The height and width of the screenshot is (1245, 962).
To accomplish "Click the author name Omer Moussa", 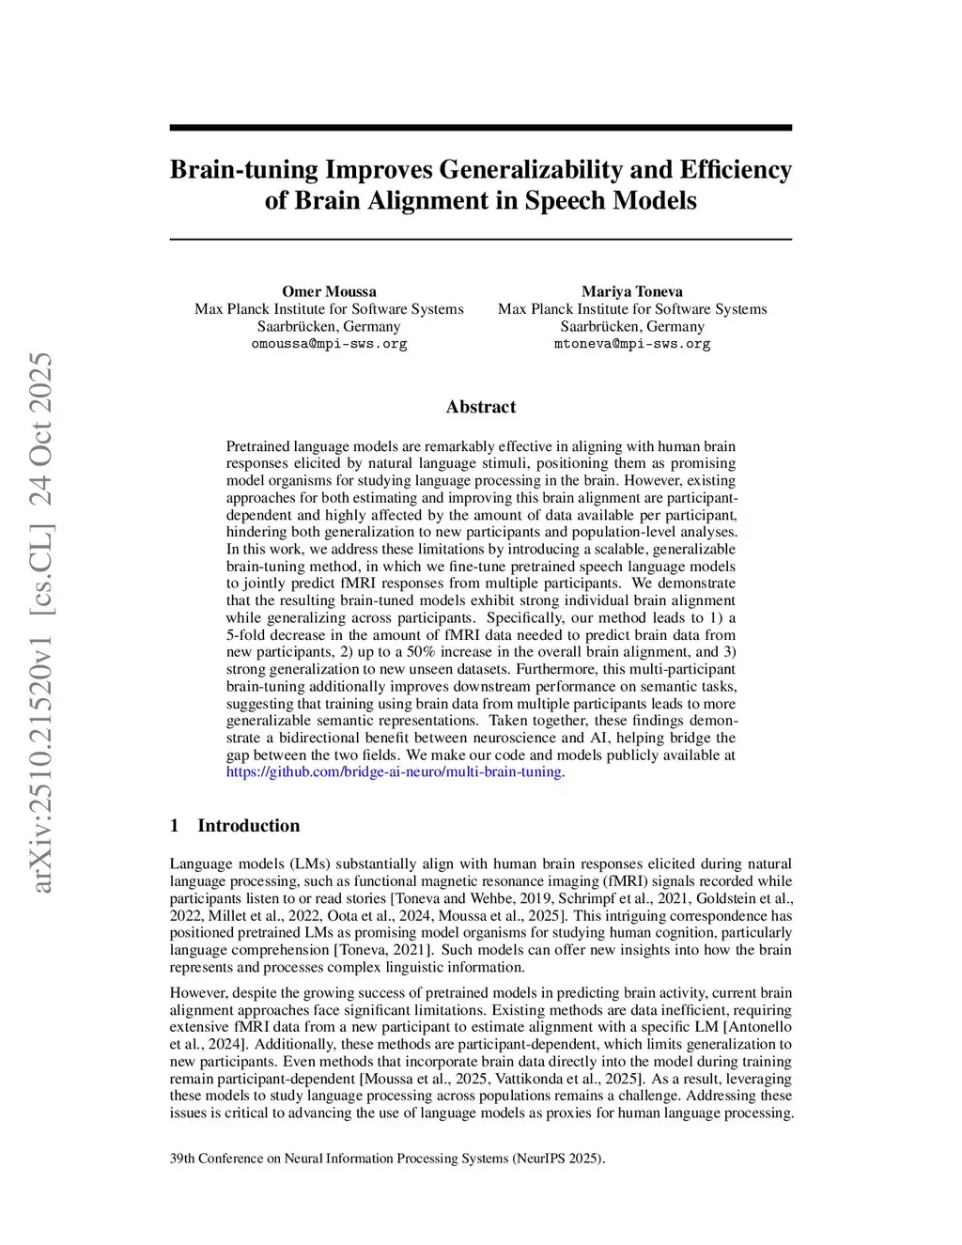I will tap(329, 291).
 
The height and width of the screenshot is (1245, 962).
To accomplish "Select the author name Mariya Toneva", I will tap(631, 291).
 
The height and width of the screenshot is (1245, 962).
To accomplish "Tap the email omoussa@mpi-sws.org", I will tap(329, 344).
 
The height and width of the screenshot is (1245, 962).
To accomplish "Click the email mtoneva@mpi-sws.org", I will tap(631, 344).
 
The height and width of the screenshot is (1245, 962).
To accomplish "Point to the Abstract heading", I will tap(480, 407).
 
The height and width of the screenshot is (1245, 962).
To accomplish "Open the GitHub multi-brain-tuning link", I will tap(395, 772).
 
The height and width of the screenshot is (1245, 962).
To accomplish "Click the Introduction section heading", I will tap(248, 826).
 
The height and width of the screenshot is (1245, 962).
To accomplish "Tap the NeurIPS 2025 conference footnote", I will tap(387, 1159).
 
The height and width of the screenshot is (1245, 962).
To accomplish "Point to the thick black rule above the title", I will tap(480, 128).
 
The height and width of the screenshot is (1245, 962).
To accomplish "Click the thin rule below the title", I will tap(480, 240).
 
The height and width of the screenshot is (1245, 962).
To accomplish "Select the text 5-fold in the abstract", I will tap(246, 635).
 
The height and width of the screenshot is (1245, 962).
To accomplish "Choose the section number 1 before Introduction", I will tap(175, 826).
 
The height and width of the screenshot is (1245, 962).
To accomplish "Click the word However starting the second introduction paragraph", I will tap(197, 993).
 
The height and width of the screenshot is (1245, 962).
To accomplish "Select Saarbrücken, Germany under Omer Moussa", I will tap(329, 327).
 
